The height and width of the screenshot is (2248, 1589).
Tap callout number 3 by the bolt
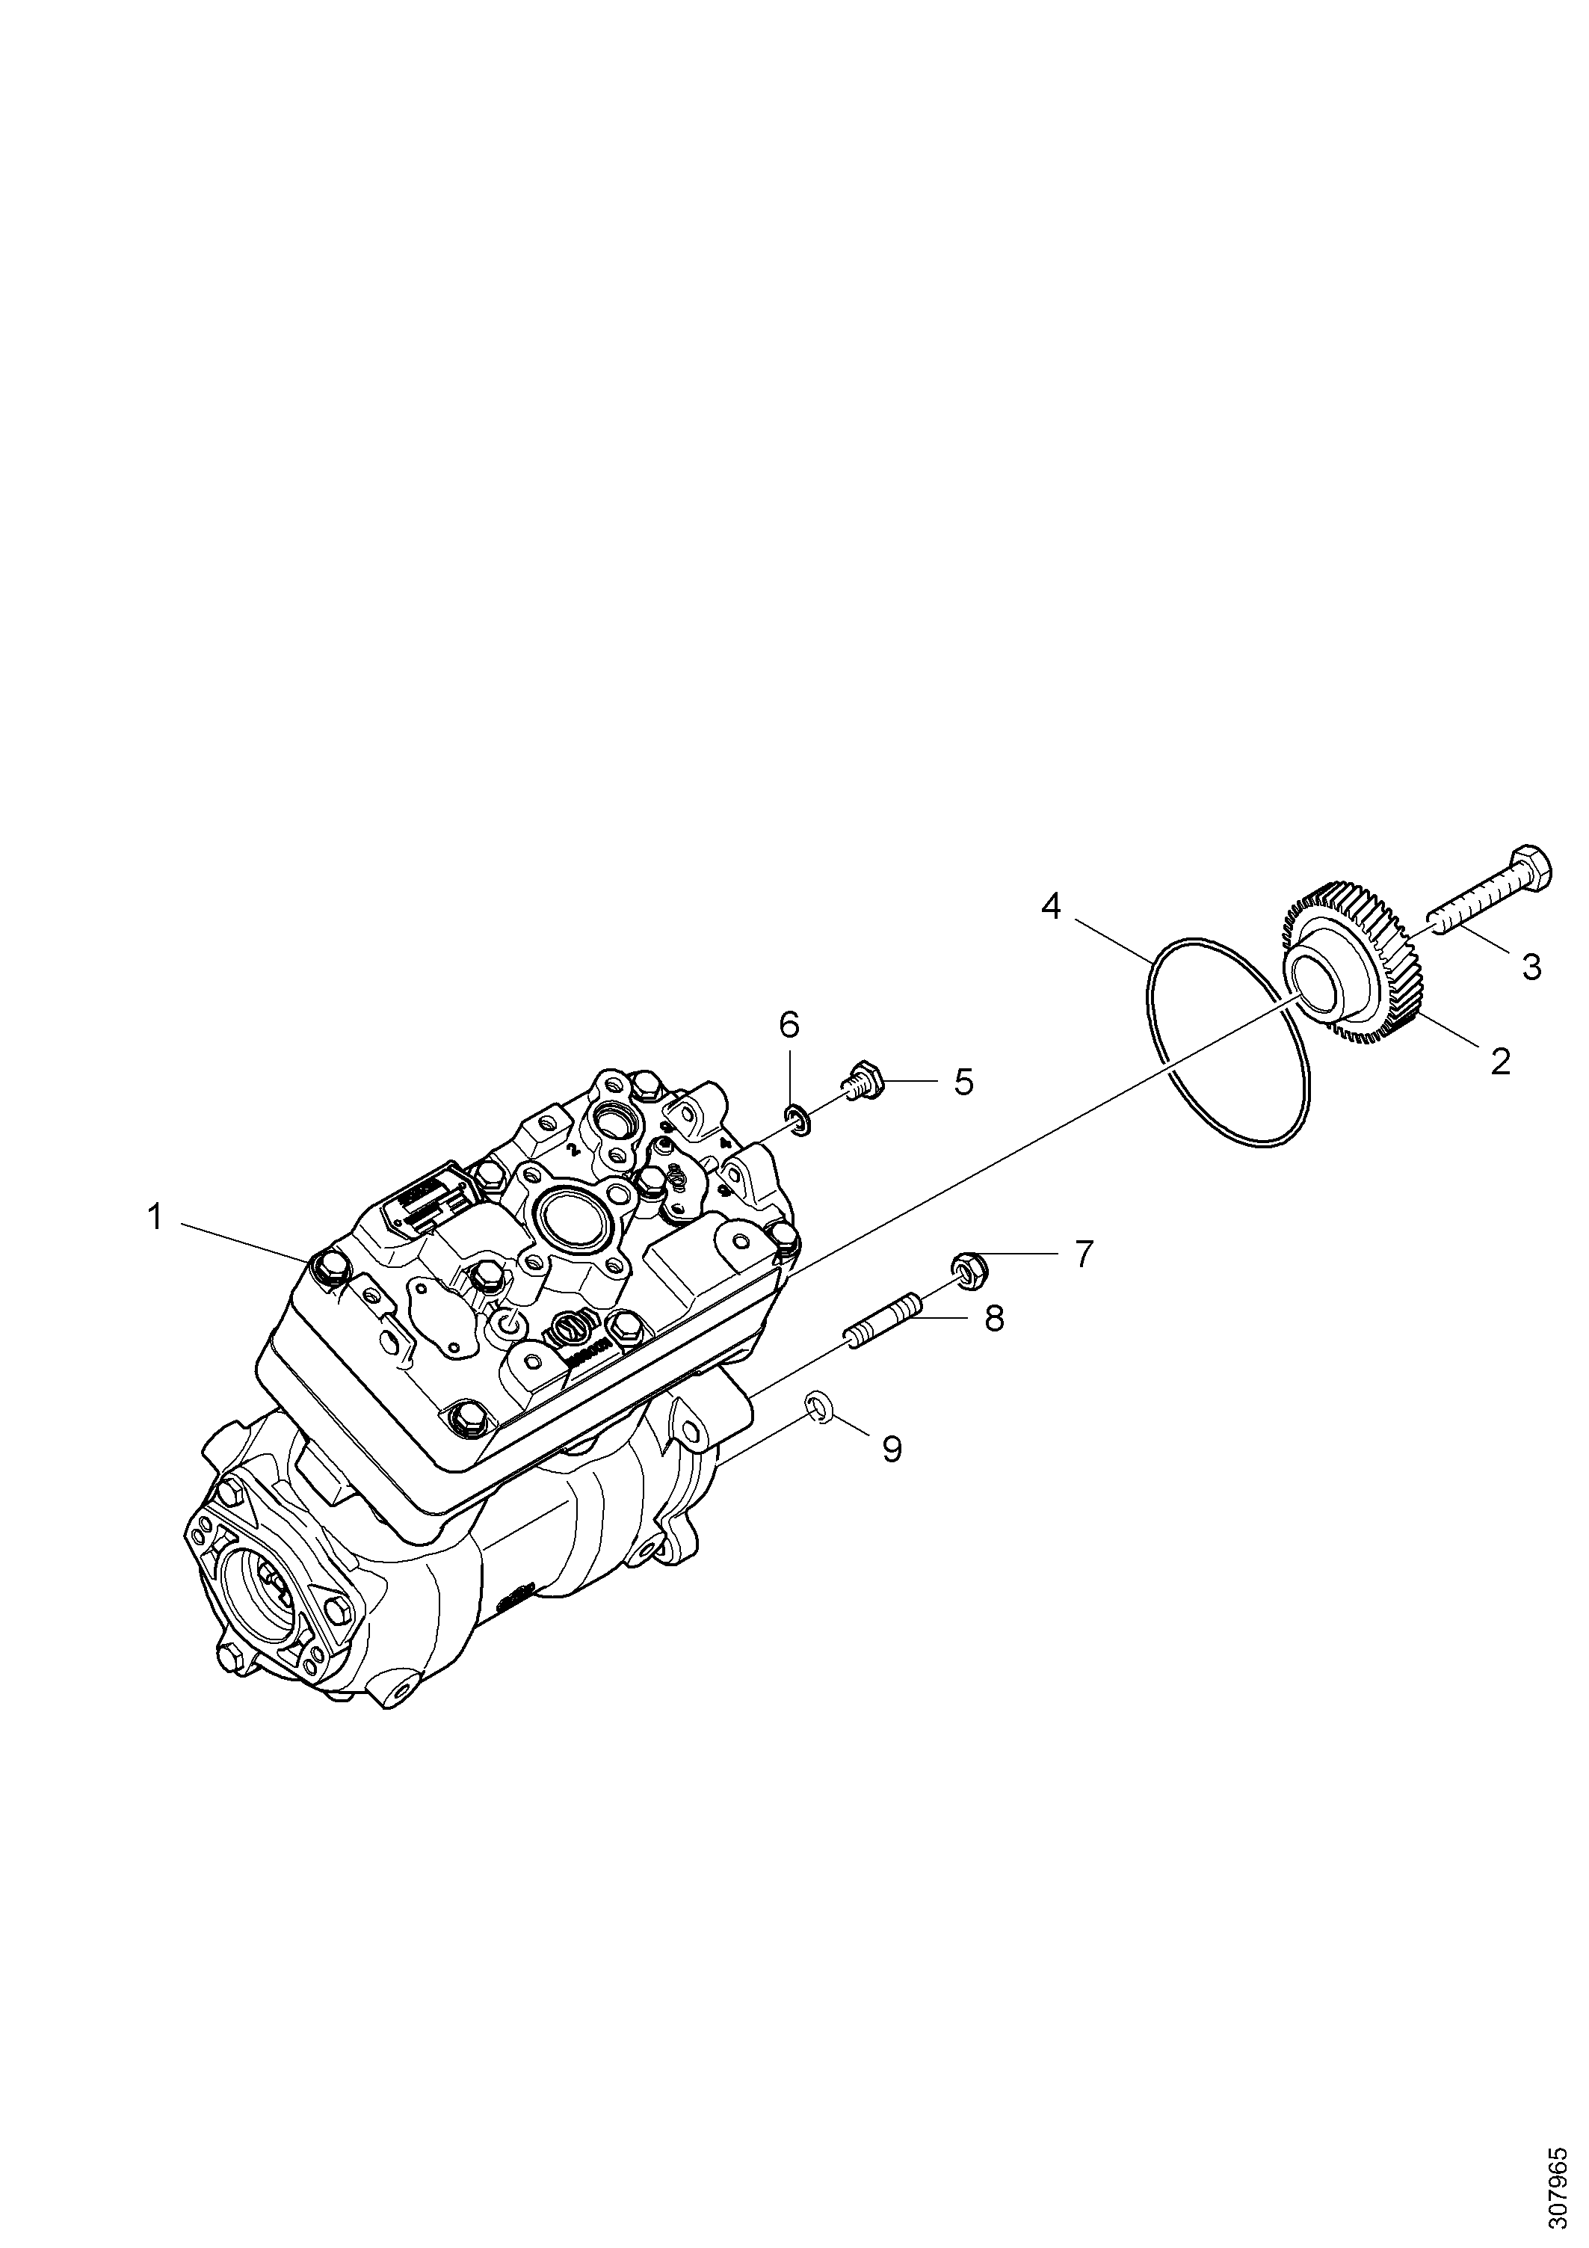coord(1531,967)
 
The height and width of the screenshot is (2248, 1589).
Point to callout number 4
coord(1051,907)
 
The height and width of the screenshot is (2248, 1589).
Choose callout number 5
coord(963,1082)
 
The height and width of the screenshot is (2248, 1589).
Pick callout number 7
coord(1083,1254)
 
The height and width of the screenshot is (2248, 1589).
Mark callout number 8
coord(994,1318)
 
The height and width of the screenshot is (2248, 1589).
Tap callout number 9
coord(892,1448)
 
